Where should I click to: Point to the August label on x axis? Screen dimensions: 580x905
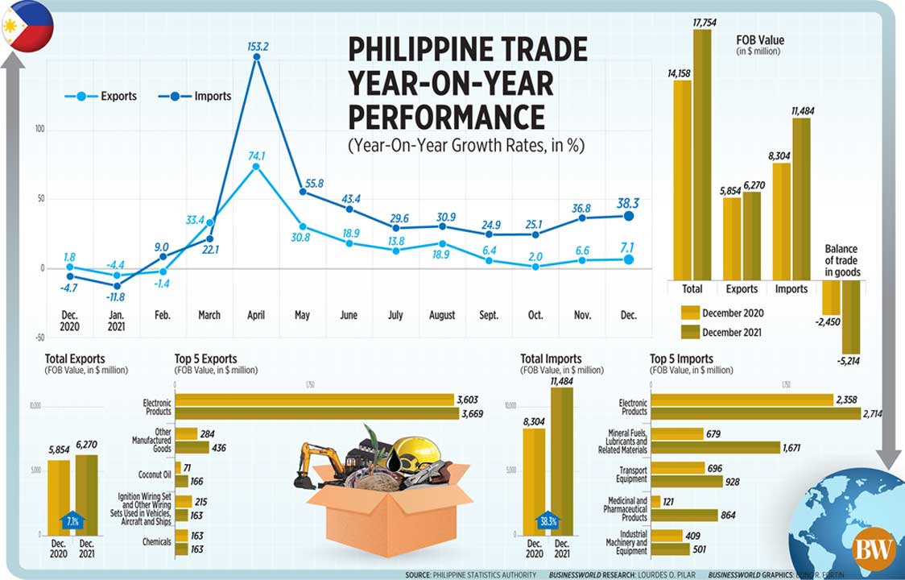[x=442, y=315]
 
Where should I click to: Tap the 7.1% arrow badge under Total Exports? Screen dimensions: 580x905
[x=73, y=520]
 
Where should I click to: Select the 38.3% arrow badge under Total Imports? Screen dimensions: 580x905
[x=550, y=520]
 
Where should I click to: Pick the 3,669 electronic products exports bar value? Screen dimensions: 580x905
[x=470, y=413]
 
